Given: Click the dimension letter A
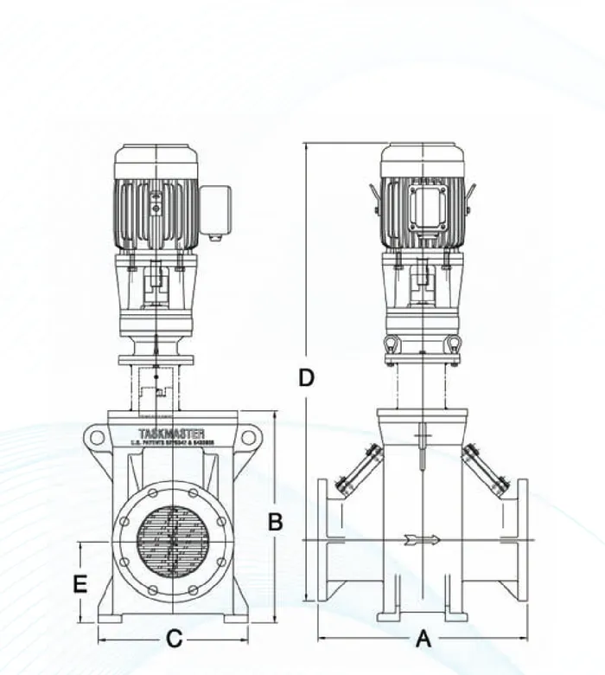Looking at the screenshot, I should pyautogui.click(x=423, y=640).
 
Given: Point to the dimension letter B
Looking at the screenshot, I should pyautogui.click(x=275, y=522).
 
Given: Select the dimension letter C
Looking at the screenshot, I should pyautogui.click(x=174, y=640).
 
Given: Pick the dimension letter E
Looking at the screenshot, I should pyautogui.click(x=80, y=584).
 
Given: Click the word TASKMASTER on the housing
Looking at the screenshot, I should pyautogui.click(x=171, y=432).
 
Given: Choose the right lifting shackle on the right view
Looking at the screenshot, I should pyautogui.click(x=451, y=344).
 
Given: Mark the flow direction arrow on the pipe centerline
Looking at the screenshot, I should pyautogui.click(x=422, y=541).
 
